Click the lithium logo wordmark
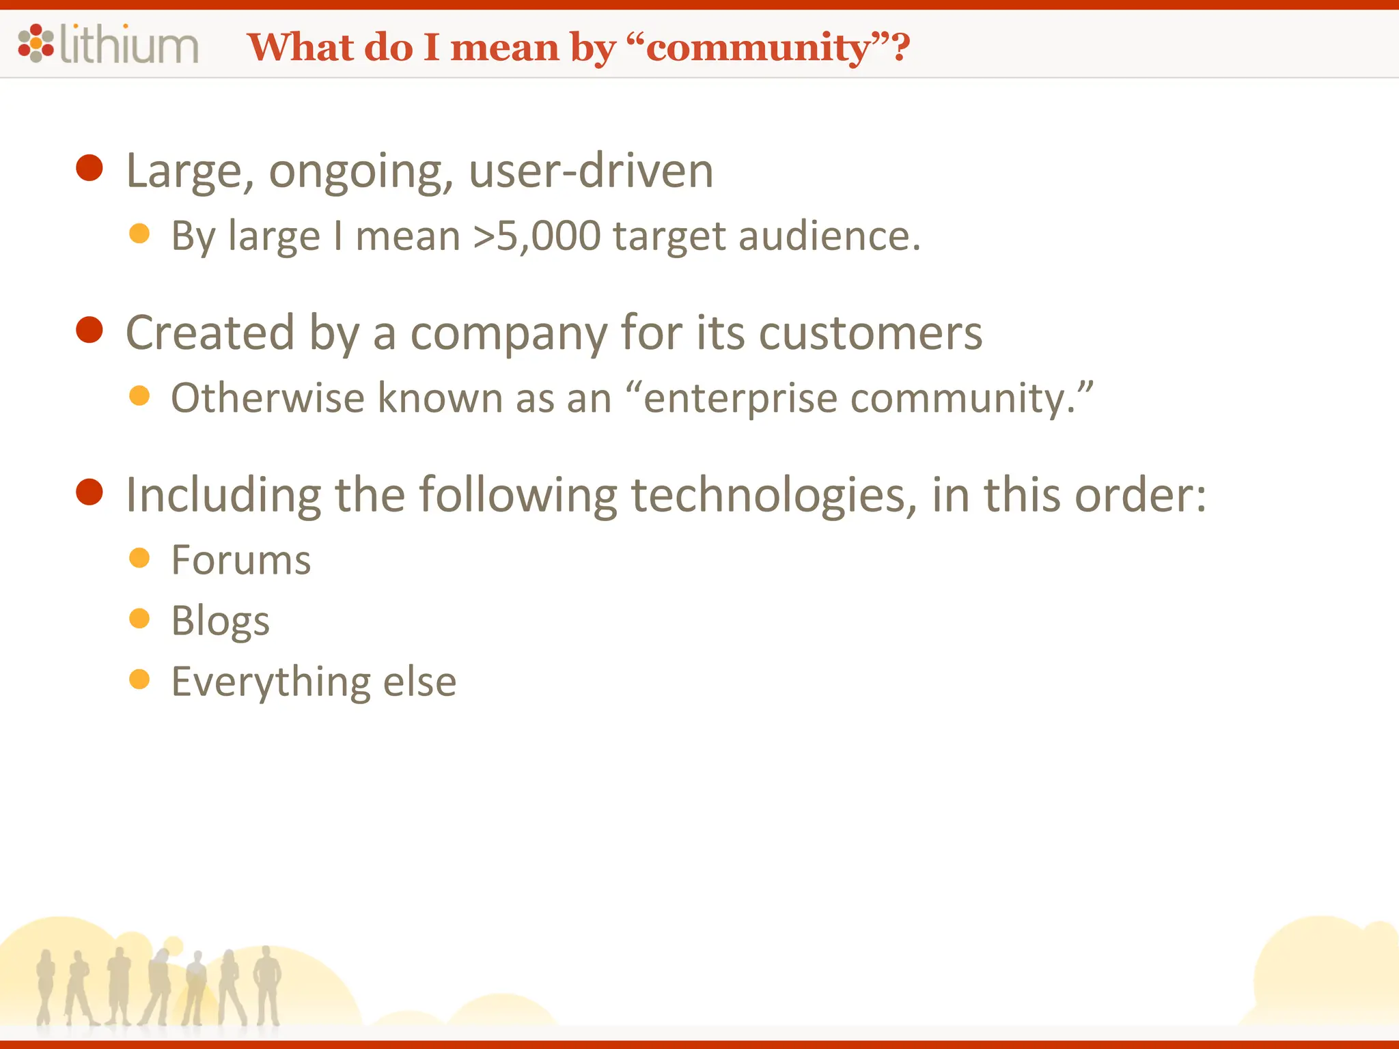130,45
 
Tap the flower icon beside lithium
36,43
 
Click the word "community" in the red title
758,48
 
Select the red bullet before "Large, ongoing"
89,167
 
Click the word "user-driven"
591,171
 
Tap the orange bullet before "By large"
139,234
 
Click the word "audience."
829,236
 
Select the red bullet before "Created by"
89,330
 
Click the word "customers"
870,333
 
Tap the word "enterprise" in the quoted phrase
740,399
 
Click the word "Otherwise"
268,397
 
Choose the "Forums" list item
241,561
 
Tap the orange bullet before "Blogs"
139,619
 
